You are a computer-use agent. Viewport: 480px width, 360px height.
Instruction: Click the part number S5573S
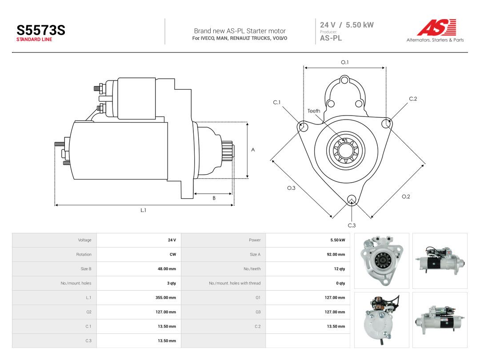click(x=41, y=30)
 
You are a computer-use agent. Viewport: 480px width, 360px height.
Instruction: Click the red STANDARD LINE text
click(x=34, y=40)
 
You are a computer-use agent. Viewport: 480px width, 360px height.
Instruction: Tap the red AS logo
click(x=436, y=27)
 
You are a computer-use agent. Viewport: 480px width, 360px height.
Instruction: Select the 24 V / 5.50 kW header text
click(x=347, y=25)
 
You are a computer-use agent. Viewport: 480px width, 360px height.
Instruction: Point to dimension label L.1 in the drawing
click(x=143, y=210)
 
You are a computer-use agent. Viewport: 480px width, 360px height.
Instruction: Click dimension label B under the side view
click(x=214, y=198)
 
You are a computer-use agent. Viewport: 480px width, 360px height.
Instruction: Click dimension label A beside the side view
click(x=253, y=150)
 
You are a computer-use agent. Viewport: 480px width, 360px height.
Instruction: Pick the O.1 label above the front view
click(x=345, y=62)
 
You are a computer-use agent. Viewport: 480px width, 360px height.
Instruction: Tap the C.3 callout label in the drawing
click(x=352, y=225)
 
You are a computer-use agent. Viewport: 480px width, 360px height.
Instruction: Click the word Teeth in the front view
click(x=314, y=111)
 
